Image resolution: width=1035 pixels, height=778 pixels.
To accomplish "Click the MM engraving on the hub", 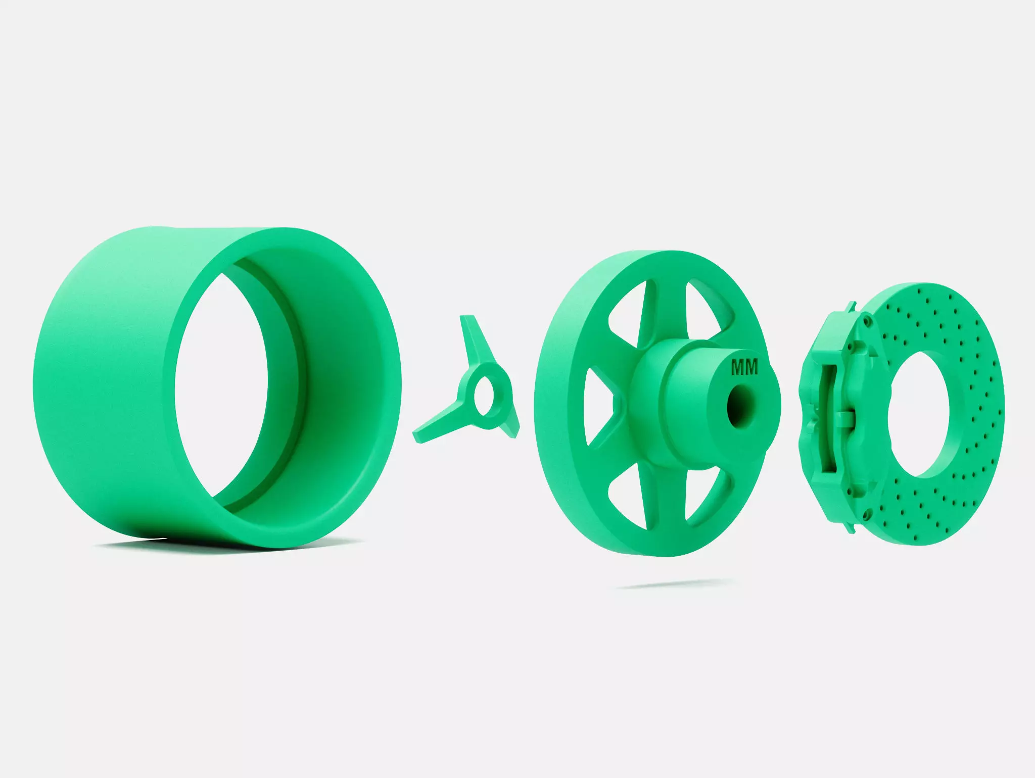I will (744, 368).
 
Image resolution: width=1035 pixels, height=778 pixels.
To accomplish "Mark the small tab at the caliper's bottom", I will (852, 528).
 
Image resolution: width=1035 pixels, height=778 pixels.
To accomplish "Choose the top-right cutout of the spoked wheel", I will (704, 308).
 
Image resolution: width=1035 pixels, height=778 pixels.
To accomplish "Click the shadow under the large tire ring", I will (202, 545).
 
